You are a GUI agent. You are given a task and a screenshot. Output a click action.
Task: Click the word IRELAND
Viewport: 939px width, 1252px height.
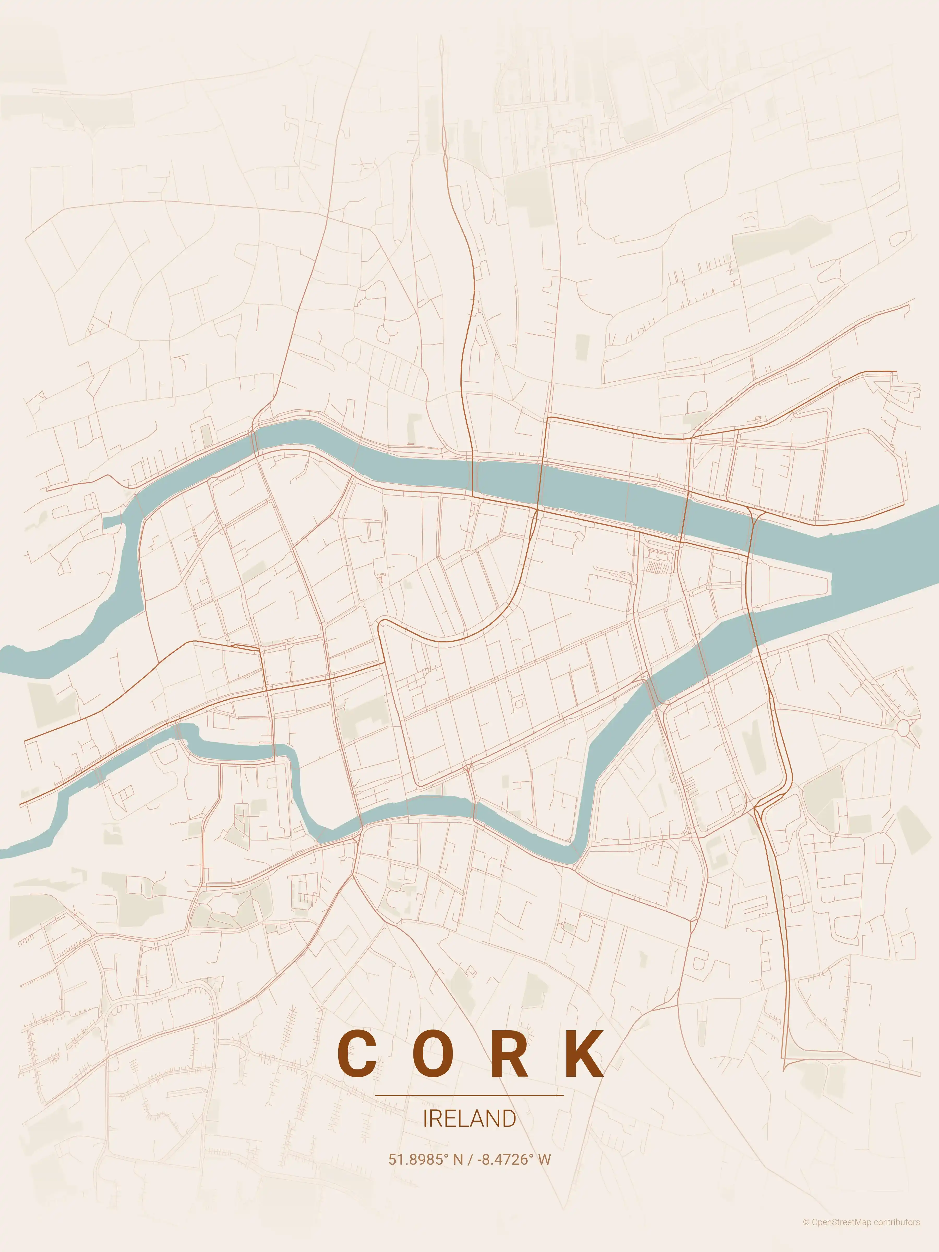pos(469,1119)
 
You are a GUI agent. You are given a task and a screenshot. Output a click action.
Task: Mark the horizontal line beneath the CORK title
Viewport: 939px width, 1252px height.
pos(469,1095)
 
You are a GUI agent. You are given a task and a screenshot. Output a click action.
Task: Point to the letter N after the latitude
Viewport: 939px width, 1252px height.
pos(458,1159)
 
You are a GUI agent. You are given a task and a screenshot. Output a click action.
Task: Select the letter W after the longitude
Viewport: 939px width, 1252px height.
pos(544,1159)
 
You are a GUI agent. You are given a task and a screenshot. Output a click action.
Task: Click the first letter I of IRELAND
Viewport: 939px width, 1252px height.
pos(425,1119)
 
